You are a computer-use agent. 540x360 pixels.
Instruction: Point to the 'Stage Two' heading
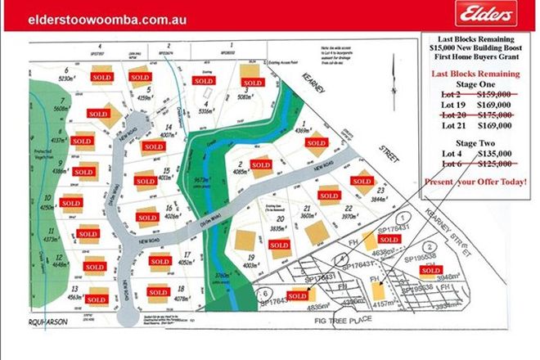[475, 141]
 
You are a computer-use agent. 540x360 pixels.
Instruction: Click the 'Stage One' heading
[475, 83]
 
